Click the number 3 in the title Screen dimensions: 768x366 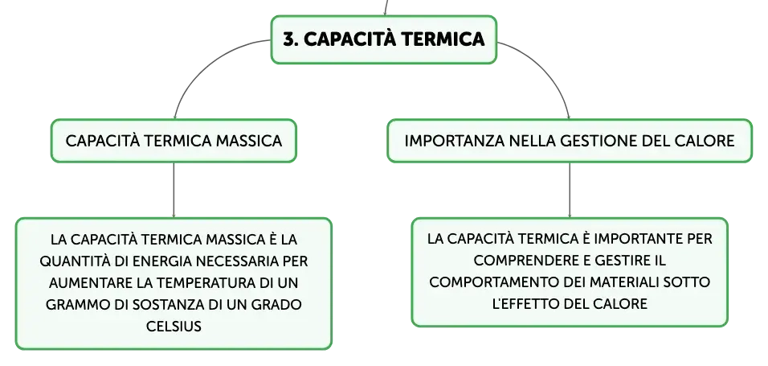pyautogui.click(x=289, y=39)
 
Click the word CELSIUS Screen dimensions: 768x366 pyautogui.click(x=174, y=327)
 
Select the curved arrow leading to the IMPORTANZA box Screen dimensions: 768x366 pyautogui.click(x=549, y=63)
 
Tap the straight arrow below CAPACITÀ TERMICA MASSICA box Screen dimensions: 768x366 pyautogui.click(x=174, y=191)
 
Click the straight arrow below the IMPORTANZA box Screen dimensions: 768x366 pyautogui.click(x=569, y=191)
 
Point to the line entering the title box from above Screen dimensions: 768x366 pyautogui.click(x=386, y=8)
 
